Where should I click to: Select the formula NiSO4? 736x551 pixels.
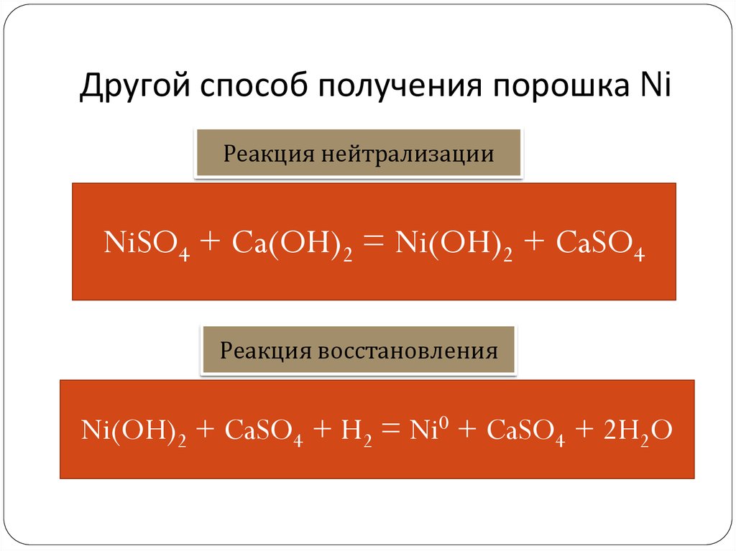coord(147,244)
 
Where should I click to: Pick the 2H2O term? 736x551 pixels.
coord(630,432)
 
